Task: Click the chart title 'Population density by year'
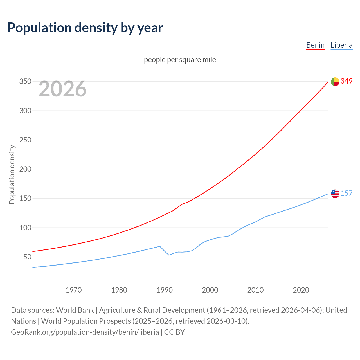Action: point(85,28)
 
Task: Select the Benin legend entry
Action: point(315,45)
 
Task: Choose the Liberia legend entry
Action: point(341,45)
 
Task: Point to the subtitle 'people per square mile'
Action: point(180,60)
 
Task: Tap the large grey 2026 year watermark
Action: point(62,89)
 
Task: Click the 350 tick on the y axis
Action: point(25,82)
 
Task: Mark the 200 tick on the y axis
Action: point(25,169)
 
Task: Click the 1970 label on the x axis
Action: point(74,290)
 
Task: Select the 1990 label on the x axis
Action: point(165,290)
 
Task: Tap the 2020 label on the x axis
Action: point(301,290)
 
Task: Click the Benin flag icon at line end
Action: point(335,82)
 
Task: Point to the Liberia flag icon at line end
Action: point(335,194)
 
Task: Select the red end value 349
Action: point(346,81)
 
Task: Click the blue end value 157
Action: point(346,193)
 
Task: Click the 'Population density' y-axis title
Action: point(12,174)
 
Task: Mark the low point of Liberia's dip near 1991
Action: point(169,255)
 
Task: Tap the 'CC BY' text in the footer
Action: point(174,332)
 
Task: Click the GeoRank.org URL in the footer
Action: point(85,332)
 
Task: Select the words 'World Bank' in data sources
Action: point(75,310)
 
